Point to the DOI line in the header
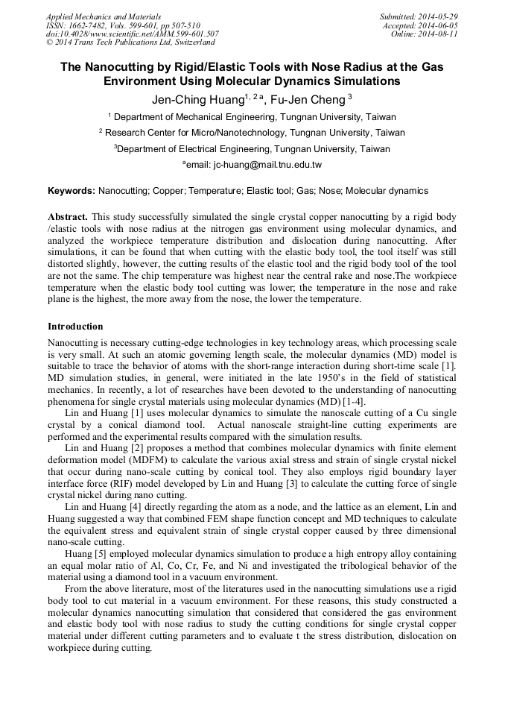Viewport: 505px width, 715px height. click(x=132, y=34)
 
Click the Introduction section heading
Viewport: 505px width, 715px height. click(x=75, y=327)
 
